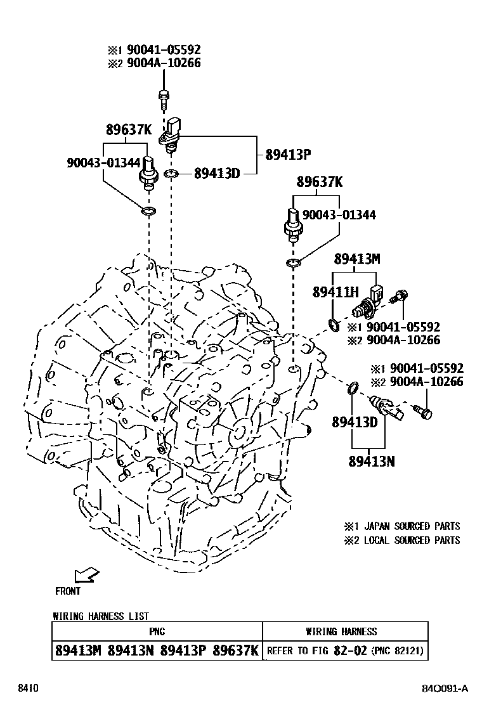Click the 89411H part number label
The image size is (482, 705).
pos(335,292)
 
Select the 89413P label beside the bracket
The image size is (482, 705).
pos(289,154)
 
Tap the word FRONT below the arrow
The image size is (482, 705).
pos(68,591)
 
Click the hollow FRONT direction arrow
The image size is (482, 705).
pos(86,575)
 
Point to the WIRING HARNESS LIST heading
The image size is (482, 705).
pos(101,616)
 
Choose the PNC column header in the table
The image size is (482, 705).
pos(157,631)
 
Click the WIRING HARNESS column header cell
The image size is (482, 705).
pos(345,631)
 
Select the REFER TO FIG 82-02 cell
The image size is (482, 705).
pos(345,650)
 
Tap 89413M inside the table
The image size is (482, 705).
pos(79,650)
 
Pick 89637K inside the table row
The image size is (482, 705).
pos(236,650)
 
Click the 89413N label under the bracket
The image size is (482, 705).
pos(371,462)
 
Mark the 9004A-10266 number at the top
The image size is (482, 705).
pos(164,63)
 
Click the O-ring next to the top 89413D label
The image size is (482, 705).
pos(171,173)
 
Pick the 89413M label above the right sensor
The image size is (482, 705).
pos(357,259)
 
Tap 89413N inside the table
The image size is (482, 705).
pos(131,650)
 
